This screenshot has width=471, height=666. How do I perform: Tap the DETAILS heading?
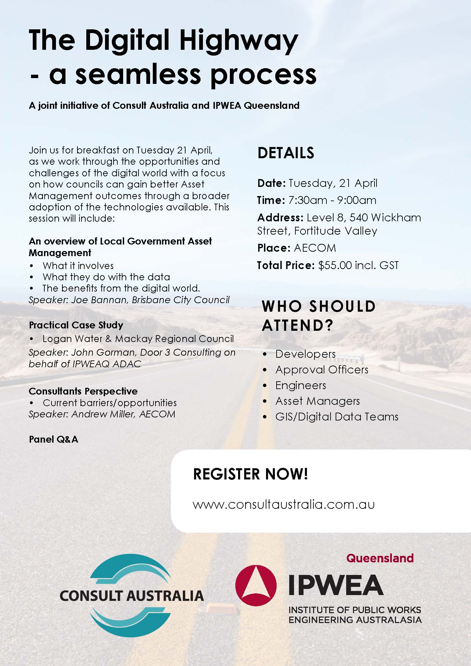tap(286, 153)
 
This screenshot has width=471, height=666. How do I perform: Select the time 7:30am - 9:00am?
tap(332, 200)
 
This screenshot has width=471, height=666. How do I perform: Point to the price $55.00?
tap(335, 265)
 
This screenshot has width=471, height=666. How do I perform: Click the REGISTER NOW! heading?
tap(251, 474)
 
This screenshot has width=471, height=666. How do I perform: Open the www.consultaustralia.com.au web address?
tap(283, 504)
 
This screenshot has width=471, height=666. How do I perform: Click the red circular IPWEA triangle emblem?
tap(256, 585)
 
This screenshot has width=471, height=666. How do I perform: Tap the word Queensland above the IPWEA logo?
tap(380, 558)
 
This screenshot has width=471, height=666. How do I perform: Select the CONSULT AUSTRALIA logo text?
tap(132, 595)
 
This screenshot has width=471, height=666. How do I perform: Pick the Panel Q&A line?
tap(54, 439)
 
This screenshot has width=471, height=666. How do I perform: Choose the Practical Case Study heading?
tap(76, 325)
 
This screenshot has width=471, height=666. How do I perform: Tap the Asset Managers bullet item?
tap(318, 401)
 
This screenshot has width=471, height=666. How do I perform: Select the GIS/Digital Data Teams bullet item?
tap(337, 417)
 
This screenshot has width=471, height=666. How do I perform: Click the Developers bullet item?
tap(305, 354)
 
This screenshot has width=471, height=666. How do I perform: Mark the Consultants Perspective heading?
tap(83, 391)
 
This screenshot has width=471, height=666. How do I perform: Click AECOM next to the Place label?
tap(315, 248)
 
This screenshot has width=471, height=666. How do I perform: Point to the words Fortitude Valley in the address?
tap(336, 231)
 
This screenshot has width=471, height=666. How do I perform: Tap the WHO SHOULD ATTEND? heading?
tap(319, 316)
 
